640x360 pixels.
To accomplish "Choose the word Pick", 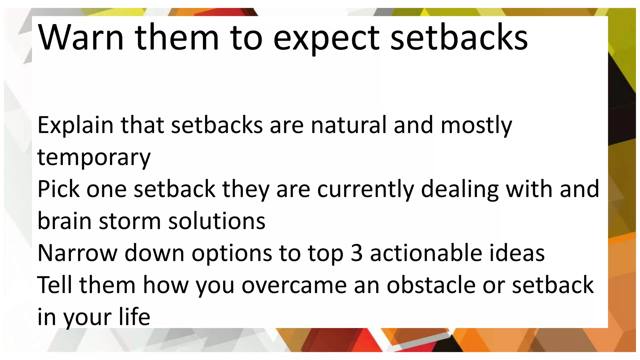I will point(58,189).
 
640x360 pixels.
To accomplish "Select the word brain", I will point(64,221).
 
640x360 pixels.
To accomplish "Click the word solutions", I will point(217,221).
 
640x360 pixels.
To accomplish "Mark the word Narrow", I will point(77,253).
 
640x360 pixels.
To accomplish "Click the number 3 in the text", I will point(357,253).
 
